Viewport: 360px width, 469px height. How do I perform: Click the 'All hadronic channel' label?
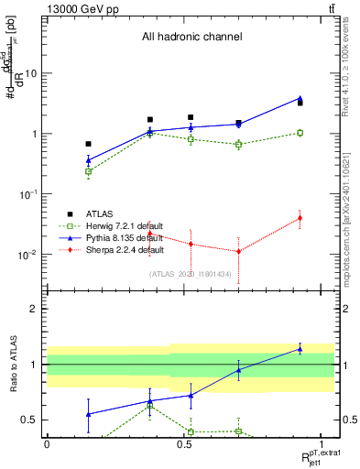click(191, 38)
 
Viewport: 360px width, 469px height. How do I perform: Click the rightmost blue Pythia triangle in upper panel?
click(300, 98)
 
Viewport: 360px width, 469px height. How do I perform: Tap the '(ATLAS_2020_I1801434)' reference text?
click(191, 273)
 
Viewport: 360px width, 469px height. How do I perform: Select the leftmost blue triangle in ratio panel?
click(88, 414)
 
